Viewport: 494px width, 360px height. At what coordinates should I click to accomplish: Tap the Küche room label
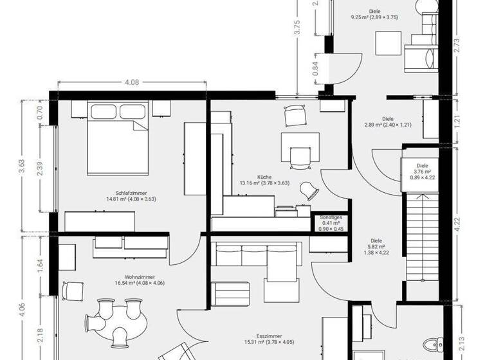point(264,179)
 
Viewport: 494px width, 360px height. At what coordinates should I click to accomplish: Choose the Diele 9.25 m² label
point(374,14)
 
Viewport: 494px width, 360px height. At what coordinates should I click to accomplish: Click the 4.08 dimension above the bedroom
point(132,82)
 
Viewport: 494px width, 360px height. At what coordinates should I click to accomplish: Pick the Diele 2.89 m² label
point(387,122)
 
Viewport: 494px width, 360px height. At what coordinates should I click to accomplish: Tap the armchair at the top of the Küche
point(295,114)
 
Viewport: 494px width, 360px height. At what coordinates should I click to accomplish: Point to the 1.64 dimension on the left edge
point(40,265)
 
